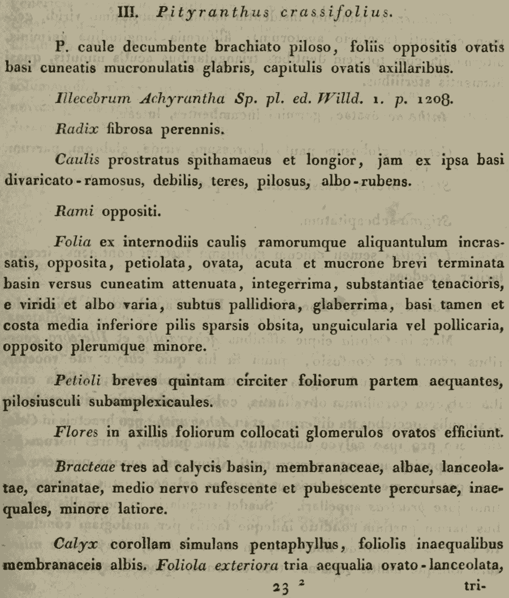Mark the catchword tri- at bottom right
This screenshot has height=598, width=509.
pos(472,586)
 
